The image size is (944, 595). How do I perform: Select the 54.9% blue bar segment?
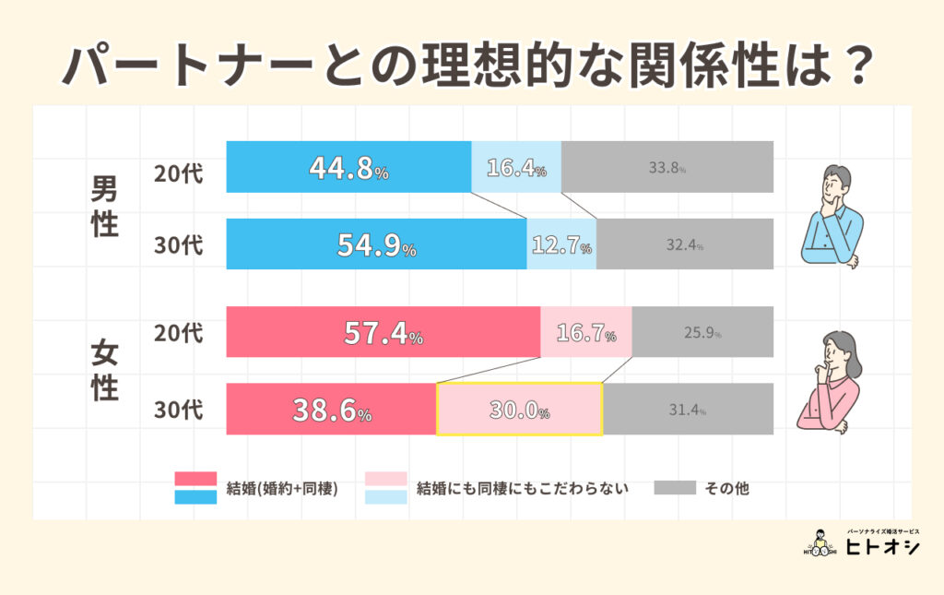(376, 244)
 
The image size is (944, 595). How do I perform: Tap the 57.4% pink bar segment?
(383, 332)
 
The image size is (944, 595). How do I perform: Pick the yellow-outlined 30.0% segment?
(519, 409)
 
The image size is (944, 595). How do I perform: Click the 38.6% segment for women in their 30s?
(331, 409)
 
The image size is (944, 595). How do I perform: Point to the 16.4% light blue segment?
(516, 168)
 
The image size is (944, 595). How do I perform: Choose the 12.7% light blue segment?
(561, 244)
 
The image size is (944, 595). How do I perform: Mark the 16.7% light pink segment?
(585, 332)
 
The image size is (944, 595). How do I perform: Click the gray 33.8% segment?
(667, 168)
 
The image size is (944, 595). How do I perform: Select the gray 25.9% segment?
(702, 332)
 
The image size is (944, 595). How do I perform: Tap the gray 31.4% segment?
(688, 409)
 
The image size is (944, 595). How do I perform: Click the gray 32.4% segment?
(685, 244)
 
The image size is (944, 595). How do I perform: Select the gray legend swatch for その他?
(674, 488)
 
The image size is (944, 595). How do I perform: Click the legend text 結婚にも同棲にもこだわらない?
(523, 488)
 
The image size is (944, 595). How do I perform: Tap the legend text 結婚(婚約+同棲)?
(281, 488)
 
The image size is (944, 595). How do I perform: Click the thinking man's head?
(837, 183)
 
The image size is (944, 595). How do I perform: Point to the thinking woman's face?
(832, 351)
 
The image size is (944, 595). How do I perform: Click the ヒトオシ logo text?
(882, 548)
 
